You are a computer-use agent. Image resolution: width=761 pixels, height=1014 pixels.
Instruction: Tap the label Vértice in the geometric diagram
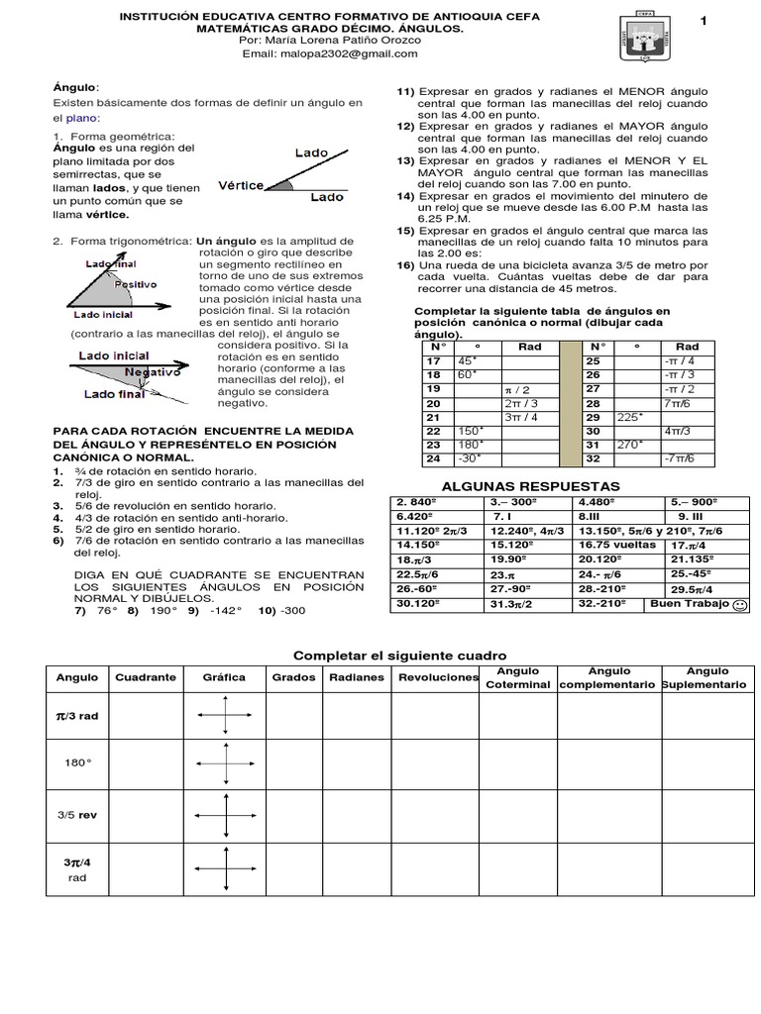pos(241,185)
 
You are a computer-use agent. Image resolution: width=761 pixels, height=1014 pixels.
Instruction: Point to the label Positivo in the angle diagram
pos(136,283)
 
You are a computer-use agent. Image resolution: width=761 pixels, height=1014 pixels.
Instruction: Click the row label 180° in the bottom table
pos(76,762)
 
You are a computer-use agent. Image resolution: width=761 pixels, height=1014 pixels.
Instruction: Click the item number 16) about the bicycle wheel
pos(405,265)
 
